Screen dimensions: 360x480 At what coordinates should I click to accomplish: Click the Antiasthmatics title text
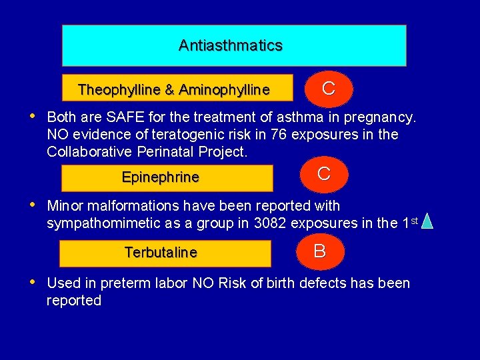tap(231, 45)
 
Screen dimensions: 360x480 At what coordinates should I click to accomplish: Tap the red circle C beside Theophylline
tap(328, 89)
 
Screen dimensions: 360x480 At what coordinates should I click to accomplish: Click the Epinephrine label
tap(161, 177)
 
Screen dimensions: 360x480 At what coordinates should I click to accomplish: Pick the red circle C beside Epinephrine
tap(324, 175)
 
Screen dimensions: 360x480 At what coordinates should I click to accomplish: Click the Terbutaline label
tap(161, 253)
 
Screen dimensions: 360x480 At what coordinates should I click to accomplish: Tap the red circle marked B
tap(320, 251)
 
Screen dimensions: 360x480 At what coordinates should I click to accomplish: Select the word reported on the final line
tap(74, 301)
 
